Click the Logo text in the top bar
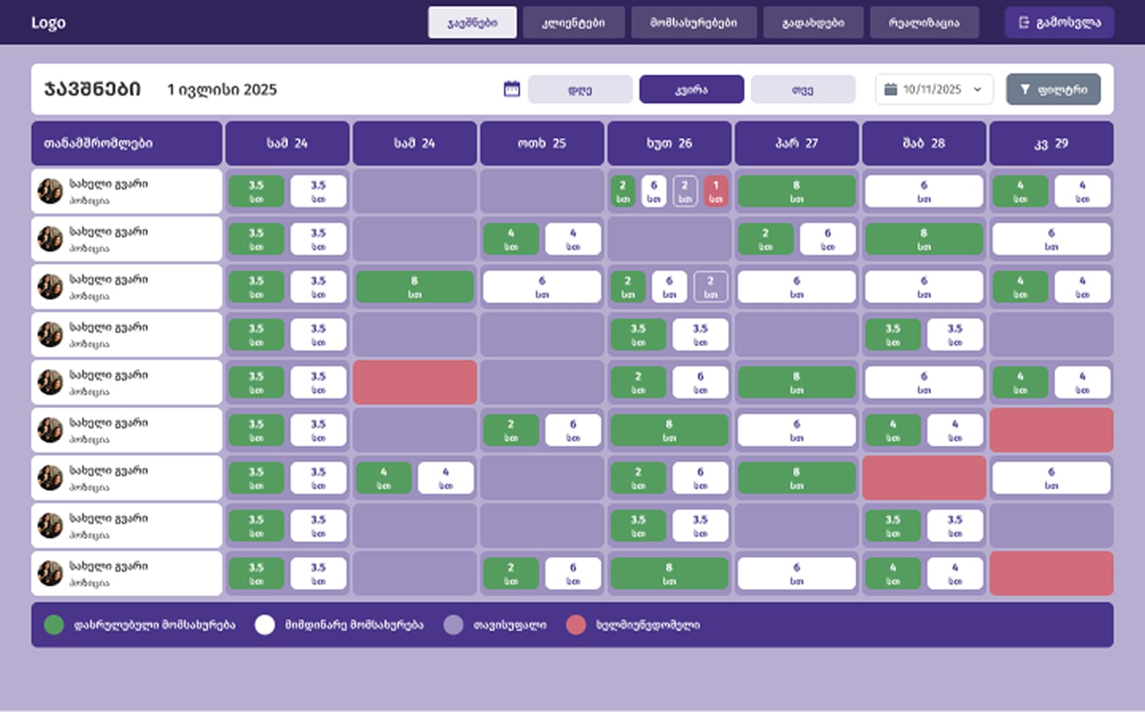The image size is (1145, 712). click(48, 23)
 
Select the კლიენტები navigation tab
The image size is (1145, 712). click(573, 23)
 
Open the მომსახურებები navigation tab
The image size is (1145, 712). click(693, 23)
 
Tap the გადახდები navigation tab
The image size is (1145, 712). click(813, 23)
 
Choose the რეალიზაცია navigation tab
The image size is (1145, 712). click(923, 23)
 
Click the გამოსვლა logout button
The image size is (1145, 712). click(1059, 23)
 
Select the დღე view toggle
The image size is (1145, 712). click(580, 89)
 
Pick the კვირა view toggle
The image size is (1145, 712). click(691, 89)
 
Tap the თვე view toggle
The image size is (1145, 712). click(802, 89)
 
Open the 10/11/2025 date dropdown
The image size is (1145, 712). click(934, 89)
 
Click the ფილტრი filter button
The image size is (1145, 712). click(1053, 89)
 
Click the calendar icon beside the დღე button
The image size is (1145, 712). click(511, 89)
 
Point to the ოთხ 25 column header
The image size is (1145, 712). click(542, 143)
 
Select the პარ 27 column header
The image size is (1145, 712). click(796, 143)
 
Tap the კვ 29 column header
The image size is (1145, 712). click(1051, 143)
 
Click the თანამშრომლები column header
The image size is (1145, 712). click(127, 143)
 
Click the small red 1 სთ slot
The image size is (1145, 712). click(716, 192)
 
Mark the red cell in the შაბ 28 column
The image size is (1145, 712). click(923, 478)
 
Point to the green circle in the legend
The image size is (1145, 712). click(54, 625)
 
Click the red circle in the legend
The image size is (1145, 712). click(576, 625)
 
